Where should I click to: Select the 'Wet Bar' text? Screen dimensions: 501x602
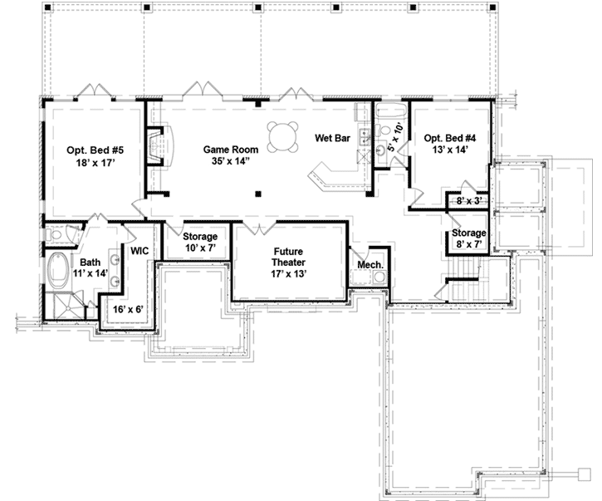point(330,138)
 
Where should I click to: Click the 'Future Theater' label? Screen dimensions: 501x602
point(288,256)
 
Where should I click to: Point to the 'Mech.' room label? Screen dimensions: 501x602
point(370,265)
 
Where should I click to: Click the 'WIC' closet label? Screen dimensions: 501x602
point(137,249)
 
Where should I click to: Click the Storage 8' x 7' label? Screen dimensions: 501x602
point(468,238)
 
